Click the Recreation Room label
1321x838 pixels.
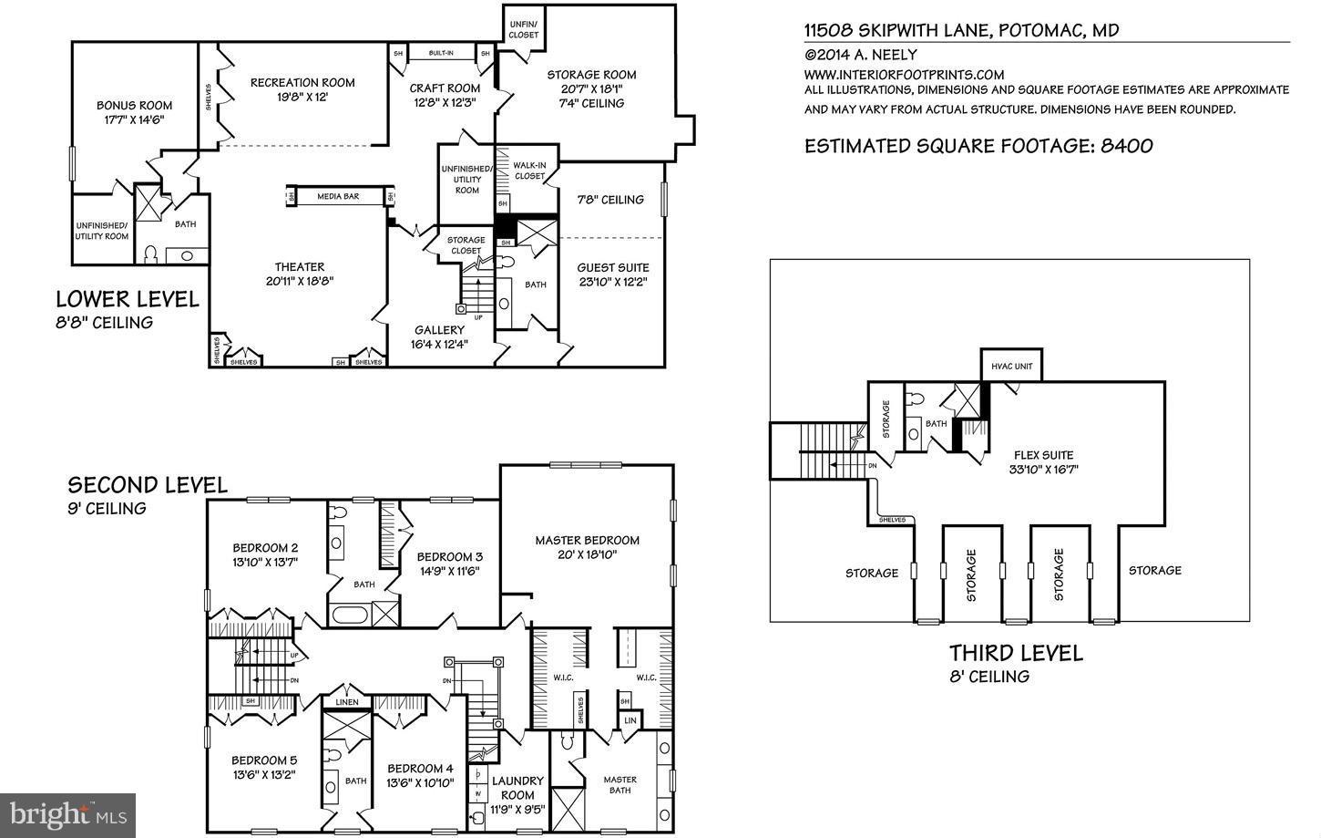(302, 82)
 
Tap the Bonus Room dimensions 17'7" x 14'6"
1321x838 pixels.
(134, 119)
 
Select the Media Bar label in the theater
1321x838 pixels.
(338, 196)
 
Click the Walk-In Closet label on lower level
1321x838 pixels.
(529, 171)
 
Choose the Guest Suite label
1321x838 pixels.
(613, 267)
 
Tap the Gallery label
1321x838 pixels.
(439, 330)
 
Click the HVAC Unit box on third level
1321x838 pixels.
(1011, 367)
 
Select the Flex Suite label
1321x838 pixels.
(1044, 455)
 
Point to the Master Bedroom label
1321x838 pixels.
(587, 540)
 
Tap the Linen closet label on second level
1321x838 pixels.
(347, 701)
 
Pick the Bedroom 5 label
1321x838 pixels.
(263, 760)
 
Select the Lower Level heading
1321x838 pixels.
(128, 299)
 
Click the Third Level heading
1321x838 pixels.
(1016, 653)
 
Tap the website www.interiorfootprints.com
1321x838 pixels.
(904, 75)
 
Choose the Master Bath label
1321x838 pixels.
(620, 784)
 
